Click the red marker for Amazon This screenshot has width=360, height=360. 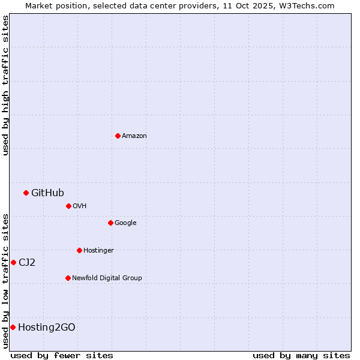(x=118, y=136)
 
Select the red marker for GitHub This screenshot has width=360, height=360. (x=26, y=193)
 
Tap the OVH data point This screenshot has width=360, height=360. (x=68, y=206)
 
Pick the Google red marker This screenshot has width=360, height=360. (x=110, y=223)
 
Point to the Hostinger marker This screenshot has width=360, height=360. (x=79, y=250)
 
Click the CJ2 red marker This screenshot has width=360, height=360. (x=13, y=262)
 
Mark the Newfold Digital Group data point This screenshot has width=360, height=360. (x=68, y=278)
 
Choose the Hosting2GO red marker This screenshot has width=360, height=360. (x=13, y=327)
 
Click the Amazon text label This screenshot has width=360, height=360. (x=134, y=136)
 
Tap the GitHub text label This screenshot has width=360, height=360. (x=47, y=193)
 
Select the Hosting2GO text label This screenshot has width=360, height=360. (x=47, y=327)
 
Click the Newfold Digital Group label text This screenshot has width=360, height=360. (x=107, y=278)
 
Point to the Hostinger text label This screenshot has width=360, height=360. (x=98, y=250)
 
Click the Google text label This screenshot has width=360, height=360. (x=125, y=223)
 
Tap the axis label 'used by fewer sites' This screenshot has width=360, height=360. (x=62, y=355)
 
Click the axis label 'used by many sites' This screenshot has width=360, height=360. (x=301, y=355)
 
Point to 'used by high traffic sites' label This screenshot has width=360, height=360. (x=5, y=85)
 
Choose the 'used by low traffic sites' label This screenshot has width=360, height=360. (x=5, y=281)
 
